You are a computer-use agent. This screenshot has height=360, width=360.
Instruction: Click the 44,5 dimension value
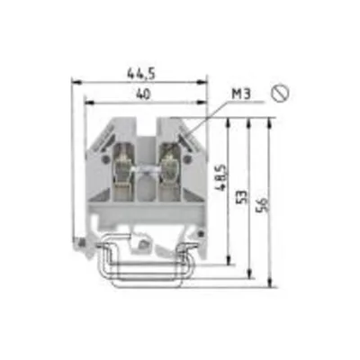[141, 74]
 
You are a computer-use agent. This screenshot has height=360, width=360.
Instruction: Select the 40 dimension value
[143, 94]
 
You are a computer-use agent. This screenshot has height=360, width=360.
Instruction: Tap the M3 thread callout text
[241, 94]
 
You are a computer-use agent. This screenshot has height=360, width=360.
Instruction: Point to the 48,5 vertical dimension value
[221, 177]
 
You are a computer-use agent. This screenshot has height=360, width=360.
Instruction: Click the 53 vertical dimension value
[245, 196]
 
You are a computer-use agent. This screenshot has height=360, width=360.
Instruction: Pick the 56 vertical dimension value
[262, 205]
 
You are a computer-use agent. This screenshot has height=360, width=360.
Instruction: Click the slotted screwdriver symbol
[280, 94]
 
